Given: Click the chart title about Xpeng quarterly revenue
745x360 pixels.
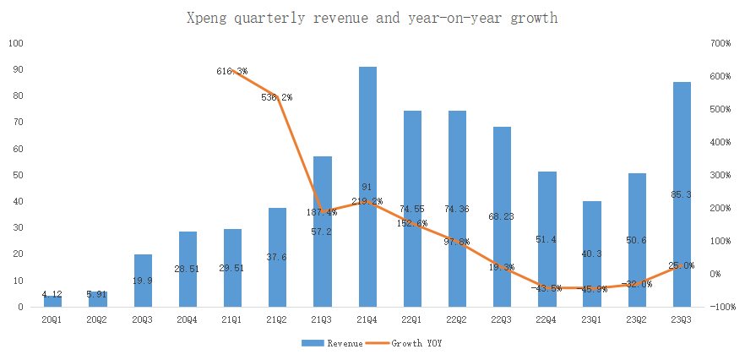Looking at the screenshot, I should (x=372, y=17).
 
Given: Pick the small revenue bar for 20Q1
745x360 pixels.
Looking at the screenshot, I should (x=52, y=302).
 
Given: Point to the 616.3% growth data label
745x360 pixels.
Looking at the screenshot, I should (x=231, y=72).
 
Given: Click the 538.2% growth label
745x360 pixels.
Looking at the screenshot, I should (x=277, y=97).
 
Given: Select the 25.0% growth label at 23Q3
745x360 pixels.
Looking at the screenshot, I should (x=681, y=265).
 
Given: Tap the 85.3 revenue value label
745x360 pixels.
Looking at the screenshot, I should (x=682, y=194).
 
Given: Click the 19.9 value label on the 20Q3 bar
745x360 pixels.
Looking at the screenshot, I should (x=142, y=280).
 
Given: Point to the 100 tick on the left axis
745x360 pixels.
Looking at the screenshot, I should (x=16, y=43).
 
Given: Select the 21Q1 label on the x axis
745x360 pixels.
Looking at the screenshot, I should (x=232, y=320).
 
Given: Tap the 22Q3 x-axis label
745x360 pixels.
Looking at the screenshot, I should (x=502, y=320).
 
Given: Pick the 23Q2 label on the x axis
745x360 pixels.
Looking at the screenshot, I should (x=636, y=320).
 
